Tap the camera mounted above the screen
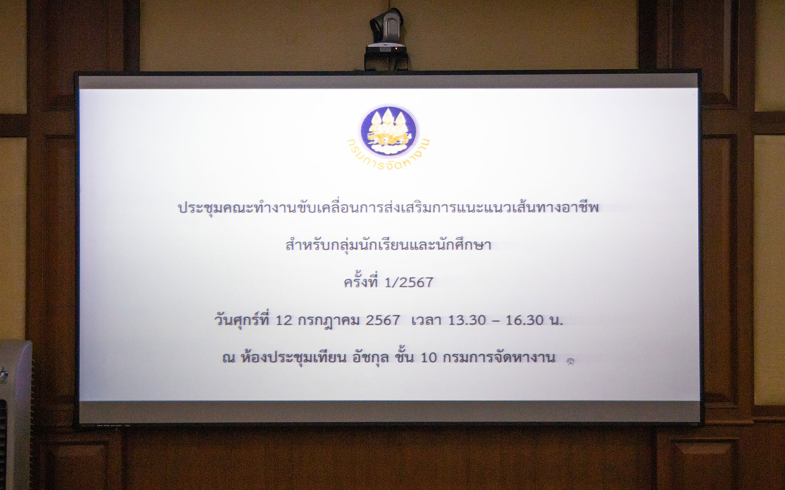click(386, 38)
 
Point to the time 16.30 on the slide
click(524, 320)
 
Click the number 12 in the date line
click(284, 320)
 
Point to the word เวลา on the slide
click(426, 320)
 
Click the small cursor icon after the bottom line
click(570, 361)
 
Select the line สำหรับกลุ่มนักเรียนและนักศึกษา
click(388, 244)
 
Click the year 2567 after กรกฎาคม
click(383, 320)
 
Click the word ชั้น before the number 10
click(404, 357)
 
